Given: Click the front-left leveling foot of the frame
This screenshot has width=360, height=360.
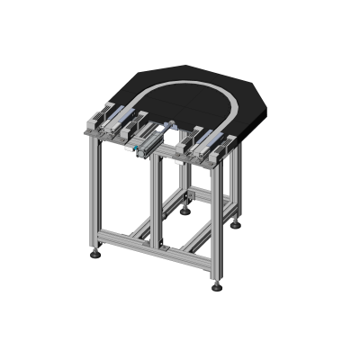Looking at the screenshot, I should click(x=94, y=253).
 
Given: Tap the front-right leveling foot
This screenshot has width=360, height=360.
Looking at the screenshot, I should click(x=217, y=288).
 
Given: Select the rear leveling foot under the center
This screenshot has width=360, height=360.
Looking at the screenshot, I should click(x=184, y=212).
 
